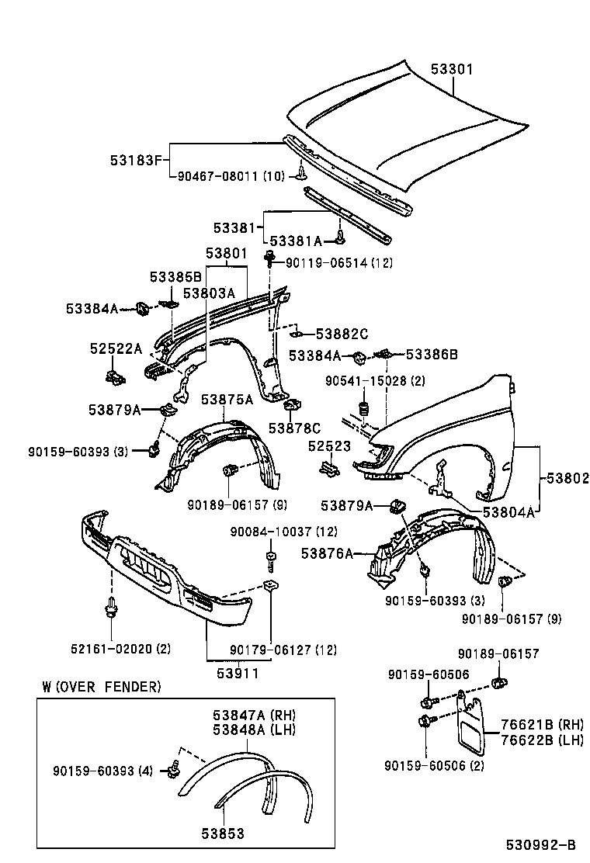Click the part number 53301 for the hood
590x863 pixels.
pos(452,70)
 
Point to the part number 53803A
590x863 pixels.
pos(208,293)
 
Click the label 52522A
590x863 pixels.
pos(116,349)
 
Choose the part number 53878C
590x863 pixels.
pos(294,427)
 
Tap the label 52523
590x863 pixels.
pos(329,447)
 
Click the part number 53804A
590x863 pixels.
pos(508,512)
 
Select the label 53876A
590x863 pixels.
pos(327,553)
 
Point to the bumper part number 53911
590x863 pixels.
pos(237,674)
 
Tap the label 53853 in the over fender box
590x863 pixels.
pos(223,834)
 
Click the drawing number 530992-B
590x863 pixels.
pos(541,844)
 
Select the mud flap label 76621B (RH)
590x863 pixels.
pos(541,725)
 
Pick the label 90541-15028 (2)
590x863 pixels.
pos(375,381)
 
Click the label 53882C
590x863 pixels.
pos(342,334)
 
